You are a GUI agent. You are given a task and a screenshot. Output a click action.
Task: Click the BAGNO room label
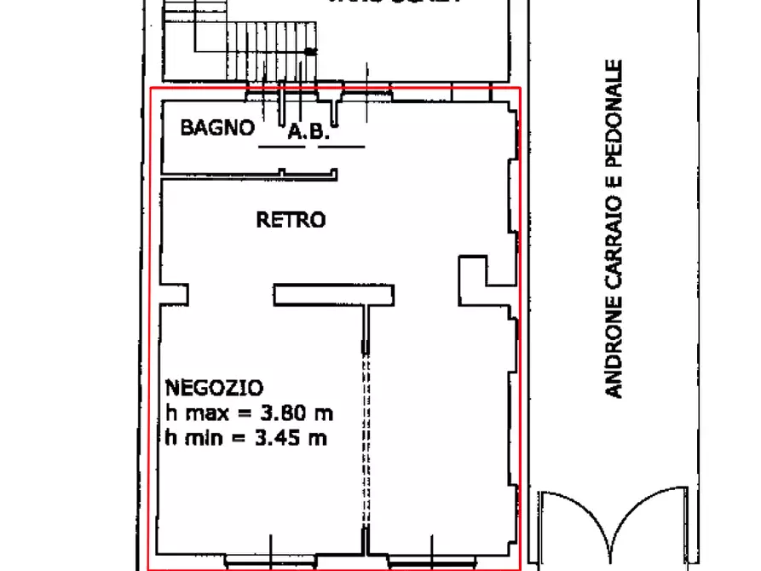point(216,128)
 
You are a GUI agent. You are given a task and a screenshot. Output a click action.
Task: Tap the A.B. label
point(308,132)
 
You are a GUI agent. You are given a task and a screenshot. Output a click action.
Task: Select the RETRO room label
point(291,220)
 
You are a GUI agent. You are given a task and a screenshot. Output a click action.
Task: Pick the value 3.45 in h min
point(282,439)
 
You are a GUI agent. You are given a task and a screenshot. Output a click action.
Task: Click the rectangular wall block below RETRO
point(333,295)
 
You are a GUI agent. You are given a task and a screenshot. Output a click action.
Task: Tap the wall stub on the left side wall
point(174,294)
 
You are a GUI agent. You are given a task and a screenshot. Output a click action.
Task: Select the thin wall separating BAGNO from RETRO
point(247,176)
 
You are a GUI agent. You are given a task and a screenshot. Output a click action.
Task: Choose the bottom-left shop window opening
point(271,561)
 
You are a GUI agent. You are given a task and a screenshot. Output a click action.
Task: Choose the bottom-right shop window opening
point(435,561)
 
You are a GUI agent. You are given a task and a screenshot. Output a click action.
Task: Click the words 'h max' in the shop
point(197,414)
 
